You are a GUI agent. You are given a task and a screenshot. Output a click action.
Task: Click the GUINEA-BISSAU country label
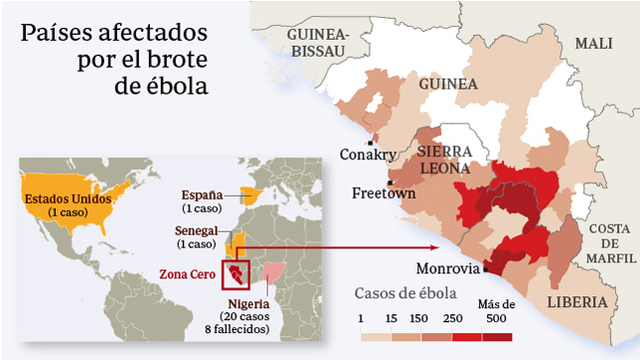point(316,41)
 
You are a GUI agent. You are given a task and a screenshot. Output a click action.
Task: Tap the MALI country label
point(593,44)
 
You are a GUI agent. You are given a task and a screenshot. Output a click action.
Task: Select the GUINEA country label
point(448,83)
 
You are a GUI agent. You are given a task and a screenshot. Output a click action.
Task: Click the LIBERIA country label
point(577,301)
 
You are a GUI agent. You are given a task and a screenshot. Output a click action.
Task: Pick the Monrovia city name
point(447,268)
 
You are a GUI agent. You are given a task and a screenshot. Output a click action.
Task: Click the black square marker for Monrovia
point(486,268)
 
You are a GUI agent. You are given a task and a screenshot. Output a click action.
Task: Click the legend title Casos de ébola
point(407,294)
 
